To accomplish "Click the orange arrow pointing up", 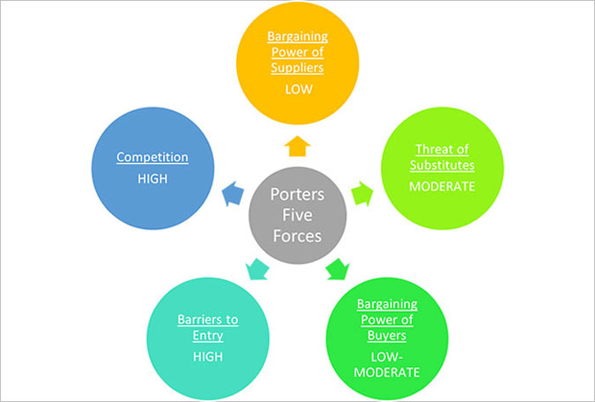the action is pyautogui.click(x=297, y=146).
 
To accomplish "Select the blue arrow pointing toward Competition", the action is pyautogui.click(x=233, y=193).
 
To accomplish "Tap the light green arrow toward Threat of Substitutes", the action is pyautogui.click(x=362, y=193).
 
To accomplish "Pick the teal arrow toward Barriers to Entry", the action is pyautogui.click(x=257, y=269).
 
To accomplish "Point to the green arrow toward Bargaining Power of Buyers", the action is pyautogui.click(x=338, y=269).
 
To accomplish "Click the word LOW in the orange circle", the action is pyautogui.click(x=299, y=90).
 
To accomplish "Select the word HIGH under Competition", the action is pyautogui.click(x=152, y=179).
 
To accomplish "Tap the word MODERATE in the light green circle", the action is pyautogui.click(x=443, y=186).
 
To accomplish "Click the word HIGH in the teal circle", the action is pyautogui.click(x=208, y=356).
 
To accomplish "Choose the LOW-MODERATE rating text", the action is pyautogui.click(x=387, y=364).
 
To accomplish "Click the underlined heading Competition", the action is pyautogui.click(x=152, y=157).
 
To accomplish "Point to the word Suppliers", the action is pyautogui.click(x=297, y=68).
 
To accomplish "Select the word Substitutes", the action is pyautogui.click(x=443, y=165).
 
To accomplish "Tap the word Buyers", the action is pyautogui.click(x=387, y=336).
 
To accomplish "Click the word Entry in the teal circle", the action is pyautogui.click(x=208, y=336).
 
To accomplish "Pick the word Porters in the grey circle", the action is pyautogui.click(x=298, y=194).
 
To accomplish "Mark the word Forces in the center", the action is pyautogui.click(x=298, y=235).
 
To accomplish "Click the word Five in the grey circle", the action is pyautogui.click(x=298, y=215).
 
